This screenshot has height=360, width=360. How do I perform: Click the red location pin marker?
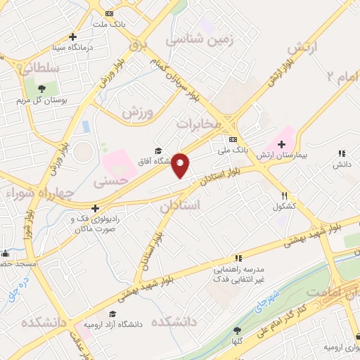[181, 165]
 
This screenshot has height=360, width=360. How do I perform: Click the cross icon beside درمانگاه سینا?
[72, 37]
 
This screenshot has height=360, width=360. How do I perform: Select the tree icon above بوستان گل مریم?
[41, 89]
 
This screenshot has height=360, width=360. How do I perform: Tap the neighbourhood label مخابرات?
[198, 124]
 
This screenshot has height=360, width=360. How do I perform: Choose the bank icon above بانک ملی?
[233, 138]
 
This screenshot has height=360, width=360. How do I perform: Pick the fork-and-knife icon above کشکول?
[284, 195]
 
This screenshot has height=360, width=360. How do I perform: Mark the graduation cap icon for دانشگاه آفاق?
[159, 150]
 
